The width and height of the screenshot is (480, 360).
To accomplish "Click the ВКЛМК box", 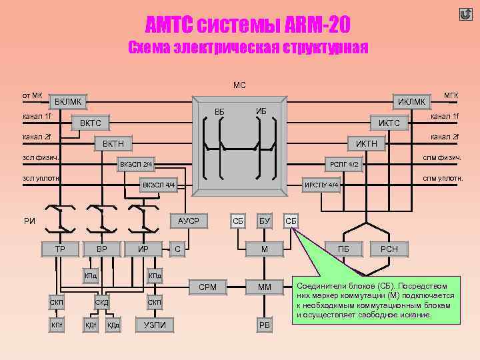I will point(68,102).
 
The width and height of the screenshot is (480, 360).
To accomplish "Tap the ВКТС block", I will point(91,123).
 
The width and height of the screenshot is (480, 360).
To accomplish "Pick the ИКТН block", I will point(366,144).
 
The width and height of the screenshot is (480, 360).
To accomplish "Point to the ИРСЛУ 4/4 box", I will point(322,185).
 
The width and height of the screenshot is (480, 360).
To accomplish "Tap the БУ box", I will point(265,221).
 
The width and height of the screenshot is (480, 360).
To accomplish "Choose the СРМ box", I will point(207,288).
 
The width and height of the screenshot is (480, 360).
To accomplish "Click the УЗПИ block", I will point(155,325).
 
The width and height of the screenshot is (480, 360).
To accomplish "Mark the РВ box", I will point(265,325).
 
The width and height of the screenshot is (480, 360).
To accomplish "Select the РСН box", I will point(389,249).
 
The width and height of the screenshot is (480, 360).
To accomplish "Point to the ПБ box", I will point(344,249).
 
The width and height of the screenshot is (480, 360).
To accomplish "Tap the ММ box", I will point(265,288).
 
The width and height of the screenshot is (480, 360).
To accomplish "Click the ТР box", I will point(60,249).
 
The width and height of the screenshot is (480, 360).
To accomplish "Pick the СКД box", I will point(101,303).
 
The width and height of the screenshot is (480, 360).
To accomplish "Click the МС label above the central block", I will point(239,85).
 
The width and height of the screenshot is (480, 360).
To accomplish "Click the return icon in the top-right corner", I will point(465,15).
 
